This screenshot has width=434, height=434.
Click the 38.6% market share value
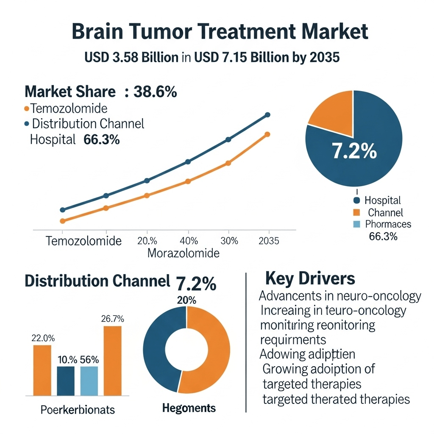pyautogui.click(x=155, y=92)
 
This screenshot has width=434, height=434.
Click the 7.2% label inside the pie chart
pyautogui.click(x=354, y=151)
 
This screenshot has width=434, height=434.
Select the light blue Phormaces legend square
pyautogui.click(x=356, y=224)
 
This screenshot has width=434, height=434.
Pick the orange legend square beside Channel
pyautogui.click(x=356, y=212)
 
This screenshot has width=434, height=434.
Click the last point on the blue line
pyautogui.click(x=267, y=114)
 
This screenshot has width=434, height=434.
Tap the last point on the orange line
pyautogui.click(x=267, y=134)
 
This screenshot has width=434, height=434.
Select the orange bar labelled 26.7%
pyautogui.click(x=112, y=360)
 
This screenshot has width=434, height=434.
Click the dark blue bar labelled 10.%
pyautogui.click(x=66, y=381)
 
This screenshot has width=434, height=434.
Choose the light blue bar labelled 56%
pyautogui.click(x=89, y=381)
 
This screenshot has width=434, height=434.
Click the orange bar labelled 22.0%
pyautogui.click(x=42, y=370)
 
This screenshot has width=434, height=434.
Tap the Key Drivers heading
pyautogui.click(x=310, y=279)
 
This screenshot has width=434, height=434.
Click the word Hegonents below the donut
pyautogui.click(x=189, y=408)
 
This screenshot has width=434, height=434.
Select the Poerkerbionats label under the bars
pyautogui.click(x=78, y=410)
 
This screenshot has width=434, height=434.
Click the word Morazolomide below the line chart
pyautogui.click(x=184, y=253)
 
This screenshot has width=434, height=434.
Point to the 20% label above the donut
pyautogui.click(x=186, y=300)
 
